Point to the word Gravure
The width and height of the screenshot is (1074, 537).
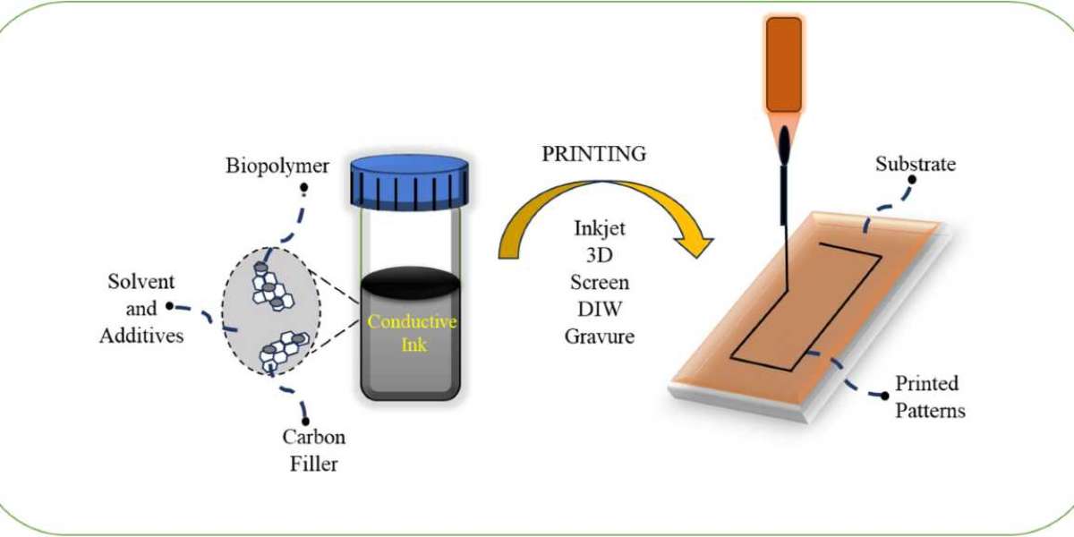click(x=600, y=337)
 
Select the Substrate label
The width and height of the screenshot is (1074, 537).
click(x=916, y=165)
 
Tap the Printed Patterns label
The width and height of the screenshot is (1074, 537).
click(x=928, y=397)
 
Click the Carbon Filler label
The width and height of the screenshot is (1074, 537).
click(x=313, y=451)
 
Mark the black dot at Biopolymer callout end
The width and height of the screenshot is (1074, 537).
click(x=304, y=189)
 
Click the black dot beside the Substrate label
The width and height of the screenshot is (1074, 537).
click(x=912, y=179)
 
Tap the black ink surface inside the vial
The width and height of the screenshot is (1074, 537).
click(x=411, y=292)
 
